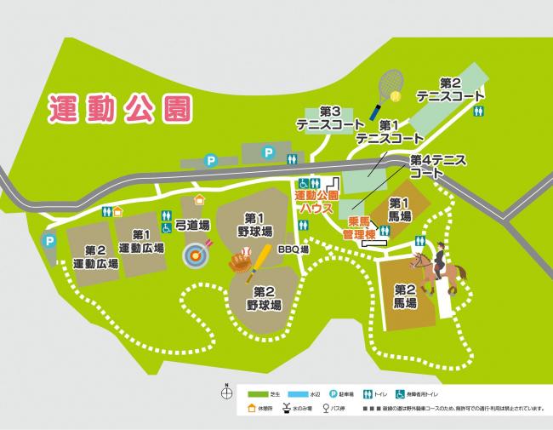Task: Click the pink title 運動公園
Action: click(x=119, y=108)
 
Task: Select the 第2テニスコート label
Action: click(x=450, y=89)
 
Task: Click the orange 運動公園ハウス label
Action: click(x=317, y=202)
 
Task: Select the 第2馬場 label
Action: click(x=404, y=295)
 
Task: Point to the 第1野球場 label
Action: click(x=254, y=224)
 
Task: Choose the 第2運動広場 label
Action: click(x=95, y=257)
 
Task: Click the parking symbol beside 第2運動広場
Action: click(x=50, y=242)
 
